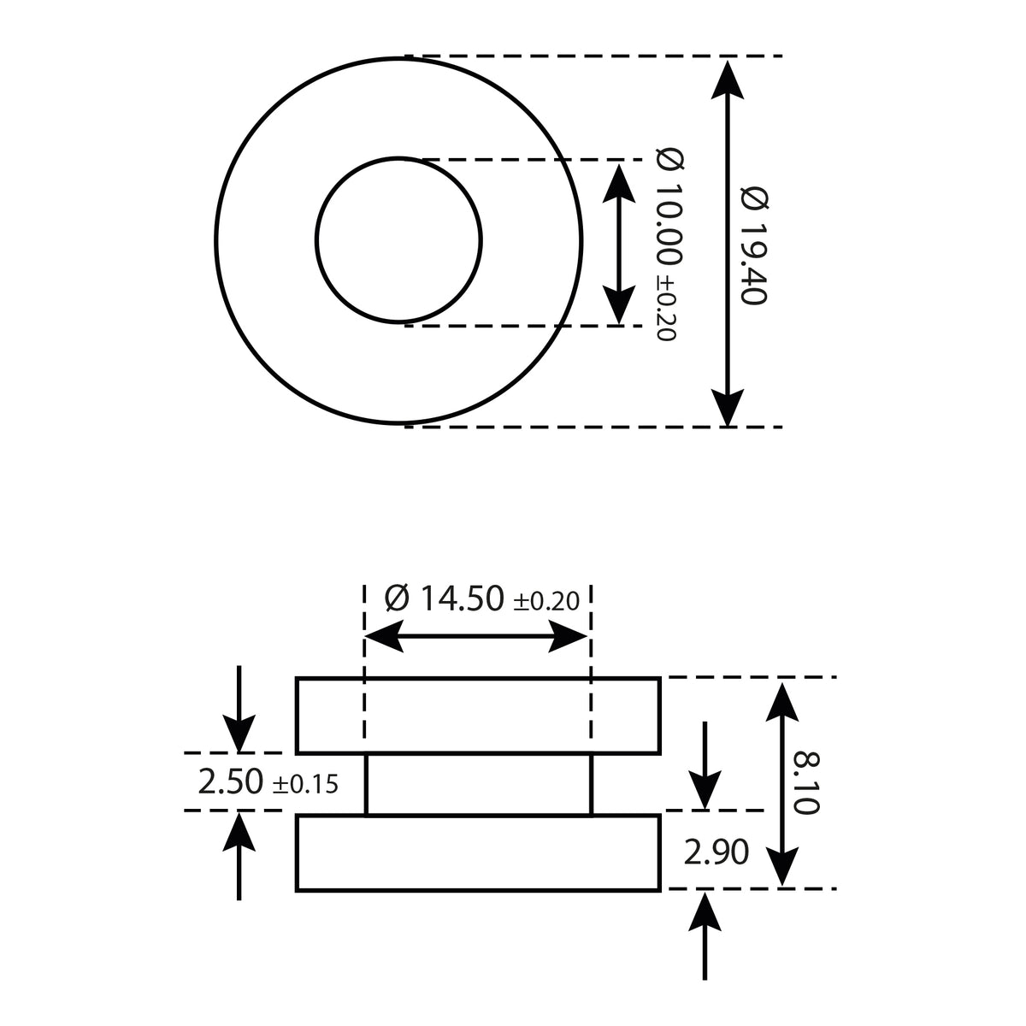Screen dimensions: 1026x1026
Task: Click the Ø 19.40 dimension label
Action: (756, 244)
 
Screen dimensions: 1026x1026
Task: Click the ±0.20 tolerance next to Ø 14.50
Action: (546, 601)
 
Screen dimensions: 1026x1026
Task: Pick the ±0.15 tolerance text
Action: (305, 784)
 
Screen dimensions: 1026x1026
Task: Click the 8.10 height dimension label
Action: (806, 782)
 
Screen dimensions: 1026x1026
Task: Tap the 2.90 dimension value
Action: (716, 852)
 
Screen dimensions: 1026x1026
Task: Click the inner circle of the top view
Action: (398, 241)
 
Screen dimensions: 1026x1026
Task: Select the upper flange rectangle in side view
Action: (478, 715)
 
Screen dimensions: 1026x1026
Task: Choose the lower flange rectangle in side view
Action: (478, 853)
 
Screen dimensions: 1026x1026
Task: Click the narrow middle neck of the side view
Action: (478, 784)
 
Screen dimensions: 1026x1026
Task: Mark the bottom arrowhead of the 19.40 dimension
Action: (727, 404)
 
